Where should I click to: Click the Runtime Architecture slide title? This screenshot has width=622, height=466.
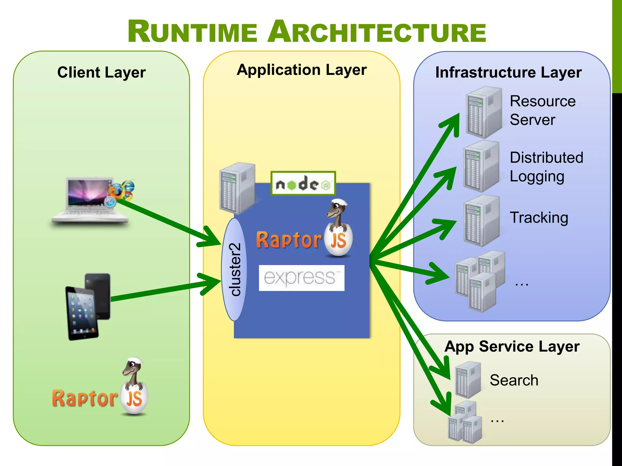click(x=307, y=32)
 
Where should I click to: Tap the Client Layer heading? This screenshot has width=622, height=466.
click(x=101, y=73)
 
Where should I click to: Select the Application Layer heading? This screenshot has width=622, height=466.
click(x=302, y=70)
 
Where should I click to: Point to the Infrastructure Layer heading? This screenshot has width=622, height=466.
click(x=508, y=73)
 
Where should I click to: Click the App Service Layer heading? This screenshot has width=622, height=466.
click(x=512, y=346)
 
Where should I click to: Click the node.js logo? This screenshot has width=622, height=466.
click(x=303, y=184)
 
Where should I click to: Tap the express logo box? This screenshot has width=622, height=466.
click(x=301, y=278)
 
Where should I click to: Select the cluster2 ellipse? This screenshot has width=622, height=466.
click(x=234, y=269)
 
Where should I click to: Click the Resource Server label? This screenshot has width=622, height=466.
click(x=542, y=110)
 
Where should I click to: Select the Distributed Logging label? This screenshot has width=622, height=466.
click(x=546, y=167)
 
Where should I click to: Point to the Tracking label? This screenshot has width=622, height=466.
click(x=539, y=218)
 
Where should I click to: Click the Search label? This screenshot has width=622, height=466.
click(x=514, y=380)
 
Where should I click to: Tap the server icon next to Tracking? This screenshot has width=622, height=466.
click(x=481, y=221)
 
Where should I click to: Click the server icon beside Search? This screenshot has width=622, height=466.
click(x=468, y=380)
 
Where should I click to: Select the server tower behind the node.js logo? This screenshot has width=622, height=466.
click(x=237, y=188)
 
